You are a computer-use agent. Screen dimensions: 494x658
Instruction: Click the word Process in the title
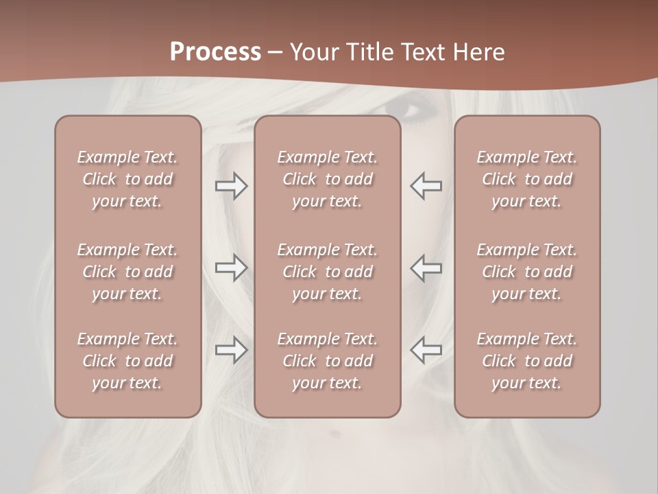[x=215, y=52]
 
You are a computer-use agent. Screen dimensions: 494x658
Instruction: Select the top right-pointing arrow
[x=231, y=186]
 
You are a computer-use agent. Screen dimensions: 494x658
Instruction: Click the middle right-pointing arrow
[x=231, y=268]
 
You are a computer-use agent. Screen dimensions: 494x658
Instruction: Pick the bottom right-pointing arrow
[x=231, y=350]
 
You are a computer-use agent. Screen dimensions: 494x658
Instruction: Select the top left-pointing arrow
[x=426, y=186]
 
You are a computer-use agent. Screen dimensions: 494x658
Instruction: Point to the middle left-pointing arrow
[x=426, y=268]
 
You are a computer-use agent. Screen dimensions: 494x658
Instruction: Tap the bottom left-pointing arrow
[x=426, y=350]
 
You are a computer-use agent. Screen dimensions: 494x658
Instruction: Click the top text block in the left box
[x=127, y=179]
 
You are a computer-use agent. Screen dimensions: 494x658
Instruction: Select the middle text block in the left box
[x=127, y=272]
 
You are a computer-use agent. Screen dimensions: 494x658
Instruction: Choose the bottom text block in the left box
[x=127, y=361]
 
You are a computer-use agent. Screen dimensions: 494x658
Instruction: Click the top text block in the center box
[x=327, y=179]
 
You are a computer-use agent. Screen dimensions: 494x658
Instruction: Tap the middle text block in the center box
[x=327, y=272]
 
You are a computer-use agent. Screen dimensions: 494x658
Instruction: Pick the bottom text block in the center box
[x=327, y=361]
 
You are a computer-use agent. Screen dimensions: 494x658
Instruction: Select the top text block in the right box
[x=526, y=179]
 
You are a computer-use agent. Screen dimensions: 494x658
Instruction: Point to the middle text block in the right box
[x=526, y=272]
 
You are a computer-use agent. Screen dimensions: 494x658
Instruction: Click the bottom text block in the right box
[x=526, y=361]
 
